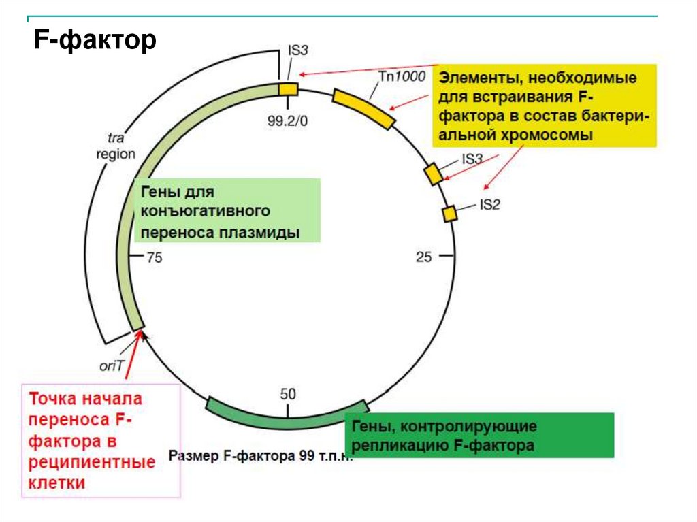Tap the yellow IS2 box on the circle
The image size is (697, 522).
click(450, 214)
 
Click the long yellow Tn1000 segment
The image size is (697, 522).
click(364, 108)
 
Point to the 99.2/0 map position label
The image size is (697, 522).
click(288, 121)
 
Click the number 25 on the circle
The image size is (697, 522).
click(424, 257)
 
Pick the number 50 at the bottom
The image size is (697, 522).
click(288, 393)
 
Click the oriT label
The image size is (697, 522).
click(112, 365)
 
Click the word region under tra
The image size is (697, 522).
click(115, 154)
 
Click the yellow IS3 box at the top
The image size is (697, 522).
click(289, 90)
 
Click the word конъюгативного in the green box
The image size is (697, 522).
click(207, 212)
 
